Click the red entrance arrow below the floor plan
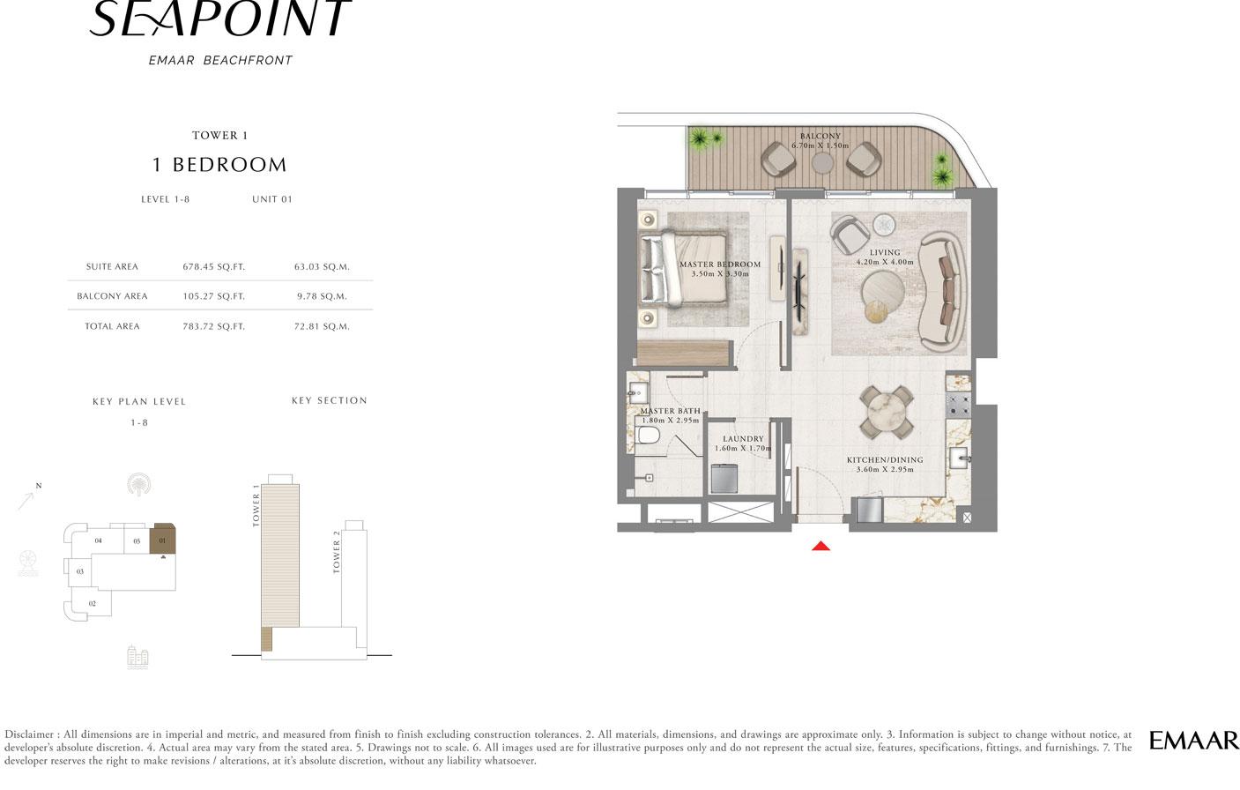click(821, 547)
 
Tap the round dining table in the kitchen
click(887, 412)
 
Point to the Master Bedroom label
click(720, 265)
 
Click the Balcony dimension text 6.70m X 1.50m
click(820, 145)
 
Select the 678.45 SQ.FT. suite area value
click(213, 266)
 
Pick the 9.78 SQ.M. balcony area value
click(322, 296)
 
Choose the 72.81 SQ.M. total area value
click(322, 326)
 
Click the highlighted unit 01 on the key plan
click(163, 539)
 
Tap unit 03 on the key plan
click(80, 571)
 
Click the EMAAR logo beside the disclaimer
click(1193, 741)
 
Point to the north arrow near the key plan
click(26, 500)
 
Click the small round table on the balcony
click(822, 163)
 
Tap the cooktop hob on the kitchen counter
click(958, 405)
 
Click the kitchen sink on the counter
click(960, 458)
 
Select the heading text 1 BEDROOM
click(219, 165)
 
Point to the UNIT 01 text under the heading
click(271, 199)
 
